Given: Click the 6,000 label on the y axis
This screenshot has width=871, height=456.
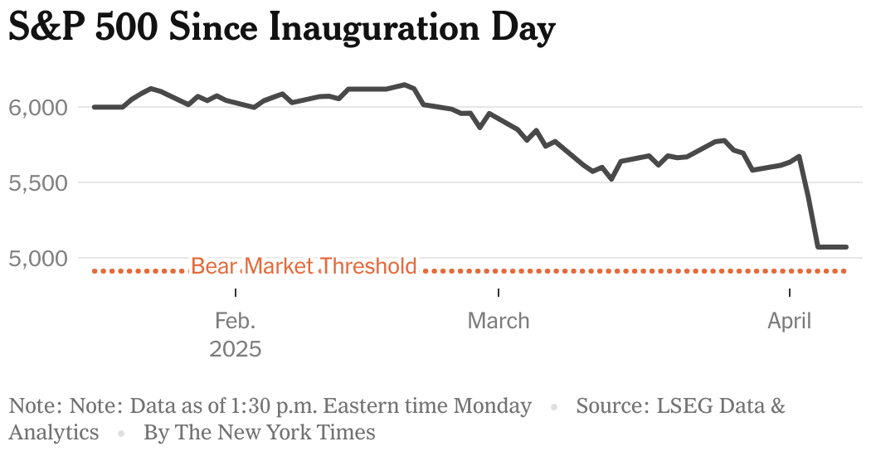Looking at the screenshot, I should coord(37,107).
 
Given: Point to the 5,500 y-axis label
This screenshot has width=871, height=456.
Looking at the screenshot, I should coord(37,182).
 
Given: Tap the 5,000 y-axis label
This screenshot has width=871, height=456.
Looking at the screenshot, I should coord(37,258).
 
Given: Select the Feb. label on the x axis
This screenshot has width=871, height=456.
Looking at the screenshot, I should coord(236,321).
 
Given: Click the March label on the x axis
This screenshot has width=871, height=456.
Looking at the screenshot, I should coord(499,321).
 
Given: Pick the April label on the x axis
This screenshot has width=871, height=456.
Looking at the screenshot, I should coord(789,321).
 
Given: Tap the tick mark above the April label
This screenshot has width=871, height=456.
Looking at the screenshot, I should coord(789,293).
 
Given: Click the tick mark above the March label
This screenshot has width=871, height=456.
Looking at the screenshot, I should coord(499,293).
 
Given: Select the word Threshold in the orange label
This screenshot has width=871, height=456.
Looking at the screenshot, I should coord(368,266).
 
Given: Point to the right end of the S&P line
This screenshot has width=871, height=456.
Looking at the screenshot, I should coord(845,246).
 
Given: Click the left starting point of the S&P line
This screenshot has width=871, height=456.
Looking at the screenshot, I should coord(94,107).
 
